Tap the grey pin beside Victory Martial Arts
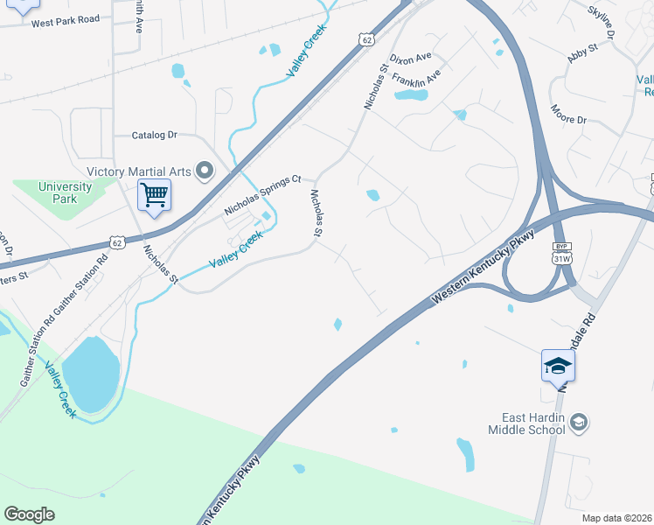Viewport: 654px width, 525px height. [x=205, y=170]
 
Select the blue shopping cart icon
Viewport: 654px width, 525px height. [x=154, y=195]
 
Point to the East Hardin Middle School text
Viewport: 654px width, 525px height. [x=526, y=423]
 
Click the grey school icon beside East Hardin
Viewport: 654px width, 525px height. [x=578, y=423]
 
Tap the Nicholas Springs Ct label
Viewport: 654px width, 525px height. [x=262, y=194]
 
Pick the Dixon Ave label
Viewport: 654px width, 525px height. [x=411, y=59]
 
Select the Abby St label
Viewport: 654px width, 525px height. [x=582, y=50]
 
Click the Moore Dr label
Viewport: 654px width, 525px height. [x=568, y=114]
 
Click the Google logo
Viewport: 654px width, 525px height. [x=29, y=514]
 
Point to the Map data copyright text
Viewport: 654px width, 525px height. [x=617, y=518]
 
